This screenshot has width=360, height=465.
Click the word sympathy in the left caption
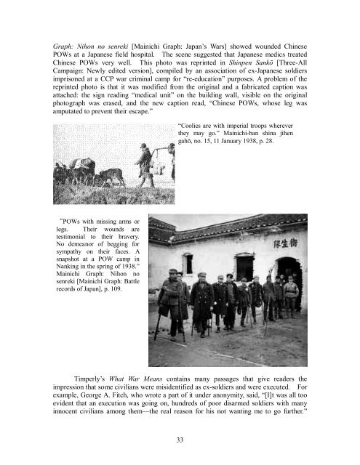[61, 248]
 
